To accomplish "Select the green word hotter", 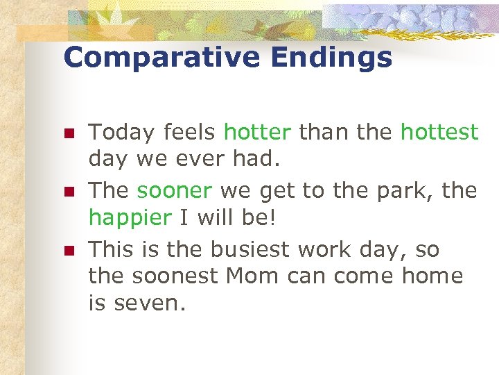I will coord(258,132).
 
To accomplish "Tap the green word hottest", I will coord(439,132).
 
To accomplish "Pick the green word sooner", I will coord(175,190).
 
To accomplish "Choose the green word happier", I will coord(130,217).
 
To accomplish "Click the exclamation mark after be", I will coord(272,217).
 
